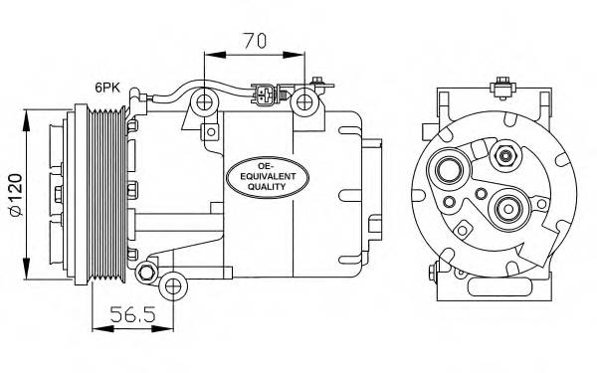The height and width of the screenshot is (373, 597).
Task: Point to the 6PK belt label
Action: (x=109, y=88)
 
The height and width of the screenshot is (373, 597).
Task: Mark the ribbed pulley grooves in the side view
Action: (x=103, y=195)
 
